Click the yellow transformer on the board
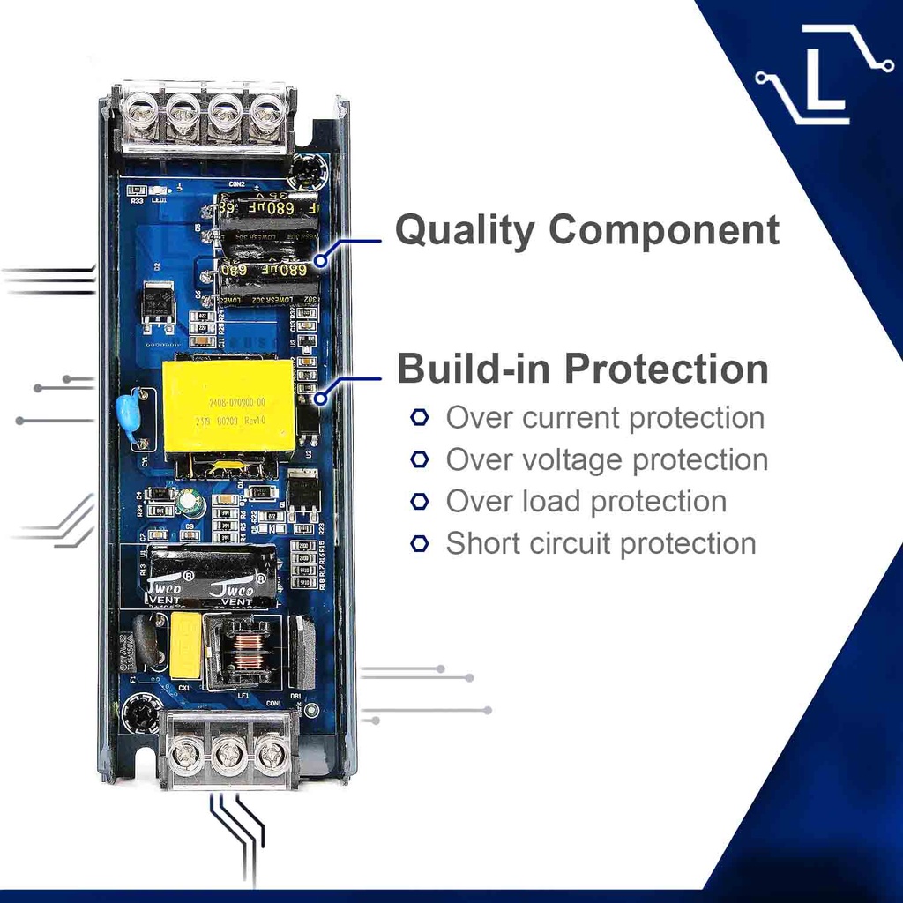click(228, 407)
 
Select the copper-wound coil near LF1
click(247, 653)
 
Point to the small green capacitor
click(189, 504)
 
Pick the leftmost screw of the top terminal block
click(142, 112)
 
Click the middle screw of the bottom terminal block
click(229, 755)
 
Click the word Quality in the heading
click(464, 230)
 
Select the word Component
click(663, 230)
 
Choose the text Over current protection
click(605, 418)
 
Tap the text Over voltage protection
click(607, 459)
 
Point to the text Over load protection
click(586, 502)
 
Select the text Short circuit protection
click(601, 543)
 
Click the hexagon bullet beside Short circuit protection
click(420, 543)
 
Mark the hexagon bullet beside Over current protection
click(420, 418)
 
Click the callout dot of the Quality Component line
click(320, 260)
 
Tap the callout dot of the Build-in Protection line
click(320, 398)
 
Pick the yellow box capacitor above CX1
click(185, 645)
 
